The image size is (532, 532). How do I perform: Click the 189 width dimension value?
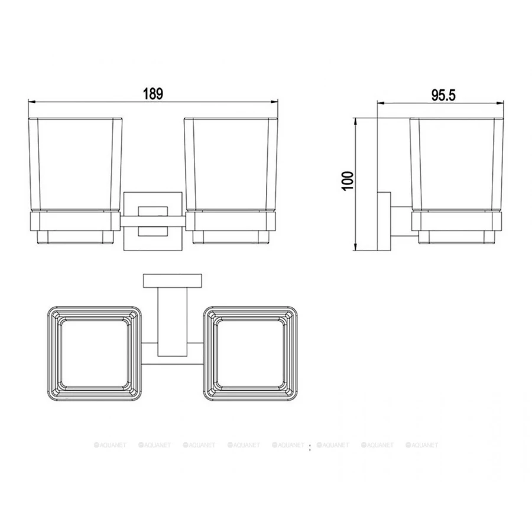(x=153, y=93)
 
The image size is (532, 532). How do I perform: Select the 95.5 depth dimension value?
(x=443, y=95)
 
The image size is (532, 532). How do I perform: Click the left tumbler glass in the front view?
(x=76, y=163)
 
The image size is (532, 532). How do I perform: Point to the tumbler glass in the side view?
(x=456, y=163)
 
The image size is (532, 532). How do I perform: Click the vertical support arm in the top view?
(x=173, y=322)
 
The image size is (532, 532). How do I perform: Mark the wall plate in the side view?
(x=385, y=222)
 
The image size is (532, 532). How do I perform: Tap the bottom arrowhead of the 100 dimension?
(x=356, y=246)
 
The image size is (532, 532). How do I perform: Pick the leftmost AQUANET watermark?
(x=109, y=445)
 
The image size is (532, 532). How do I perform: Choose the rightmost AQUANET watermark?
(x=422, y=445)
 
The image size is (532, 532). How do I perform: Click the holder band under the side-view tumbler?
(x=456, y=222)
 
